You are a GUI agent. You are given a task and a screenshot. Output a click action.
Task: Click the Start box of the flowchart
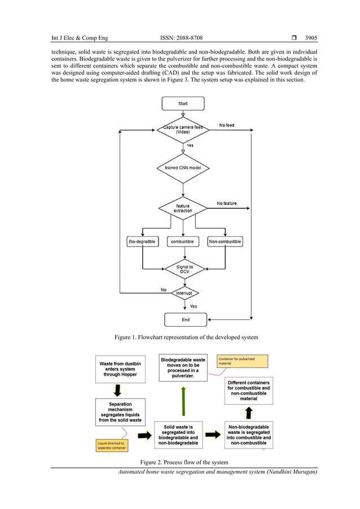tap(183, 104)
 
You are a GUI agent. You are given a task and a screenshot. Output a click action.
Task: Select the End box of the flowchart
tap(183, 319)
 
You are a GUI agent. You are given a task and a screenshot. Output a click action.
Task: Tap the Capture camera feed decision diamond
tap(183, 129)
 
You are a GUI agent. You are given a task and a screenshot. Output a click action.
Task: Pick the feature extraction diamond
tap(183, 208)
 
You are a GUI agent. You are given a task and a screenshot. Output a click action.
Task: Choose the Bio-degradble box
tap(142, 242)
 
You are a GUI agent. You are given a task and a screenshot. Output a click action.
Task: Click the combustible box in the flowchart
tap(182, 242)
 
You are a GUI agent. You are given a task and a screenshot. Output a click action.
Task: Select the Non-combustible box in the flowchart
tap(225, 242)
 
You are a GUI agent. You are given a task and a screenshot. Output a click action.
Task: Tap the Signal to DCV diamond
tap(183, 269)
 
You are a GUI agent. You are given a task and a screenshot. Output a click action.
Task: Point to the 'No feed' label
tap(226, 125)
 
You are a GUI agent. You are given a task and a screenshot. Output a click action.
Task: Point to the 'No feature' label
tap(227, 203)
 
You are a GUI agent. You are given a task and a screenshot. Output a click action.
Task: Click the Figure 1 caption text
tap(186, 337)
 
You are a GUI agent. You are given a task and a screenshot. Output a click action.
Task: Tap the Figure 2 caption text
tap(184, 463)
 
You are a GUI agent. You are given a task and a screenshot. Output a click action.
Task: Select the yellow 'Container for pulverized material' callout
tap(242, 361)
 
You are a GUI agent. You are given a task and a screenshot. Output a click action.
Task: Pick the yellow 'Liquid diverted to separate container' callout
tap(111, 445)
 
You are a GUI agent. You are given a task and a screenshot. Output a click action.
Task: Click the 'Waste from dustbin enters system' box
tap(120, 368)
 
